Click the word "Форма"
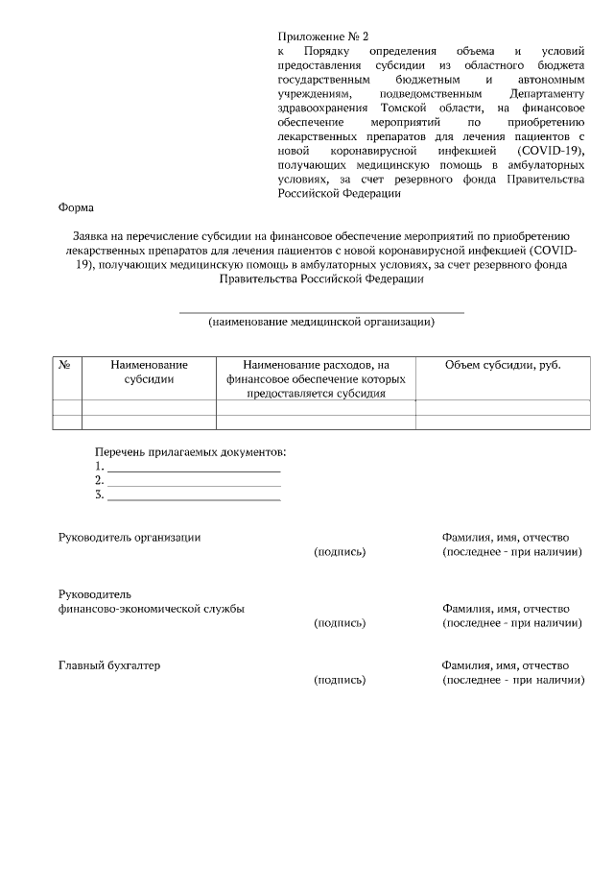pos(76,207)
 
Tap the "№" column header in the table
pos(66,366)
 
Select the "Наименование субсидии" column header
pos(149,373)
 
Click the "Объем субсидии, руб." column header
pos(503,366)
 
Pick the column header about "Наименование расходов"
pos(316,379)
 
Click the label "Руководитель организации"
pos(130,538)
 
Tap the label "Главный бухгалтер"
pos(109,665)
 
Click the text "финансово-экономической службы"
pos(151,609)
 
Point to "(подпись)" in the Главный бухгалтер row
pos(340,681)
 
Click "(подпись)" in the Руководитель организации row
pos(340,552)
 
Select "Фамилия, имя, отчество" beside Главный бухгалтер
pos(506,665)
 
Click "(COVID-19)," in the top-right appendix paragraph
pos(551,152)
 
